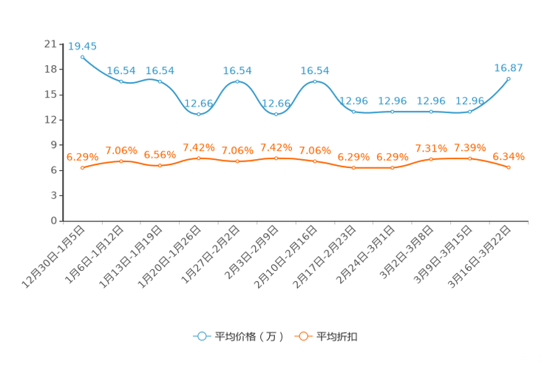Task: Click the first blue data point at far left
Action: tap(82, 56)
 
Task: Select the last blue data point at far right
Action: tap(509, 77)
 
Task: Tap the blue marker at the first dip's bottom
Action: tap(198, 114)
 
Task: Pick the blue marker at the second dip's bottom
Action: tap(276, 114)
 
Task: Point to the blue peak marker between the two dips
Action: tap(237, 81)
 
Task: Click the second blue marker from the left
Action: tap(121, 81)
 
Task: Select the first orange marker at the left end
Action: tap(82, 168)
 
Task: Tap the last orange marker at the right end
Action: tap(509, 167)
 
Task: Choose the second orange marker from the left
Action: tap(121, 161)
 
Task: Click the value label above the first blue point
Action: tap(82, 46)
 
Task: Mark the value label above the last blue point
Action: tap(509, 67)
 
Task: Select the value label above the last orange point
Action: tap(509, 156)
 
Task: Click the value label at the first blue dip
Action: tap(198, 104)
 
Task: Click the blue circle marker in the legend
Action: tap(200, 337)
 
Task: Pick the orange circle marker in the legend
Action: tap(302, 337)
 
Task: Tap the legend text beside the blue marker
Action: tap(249, 337)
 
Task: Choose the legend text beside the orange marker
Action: tap(338, 337)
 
